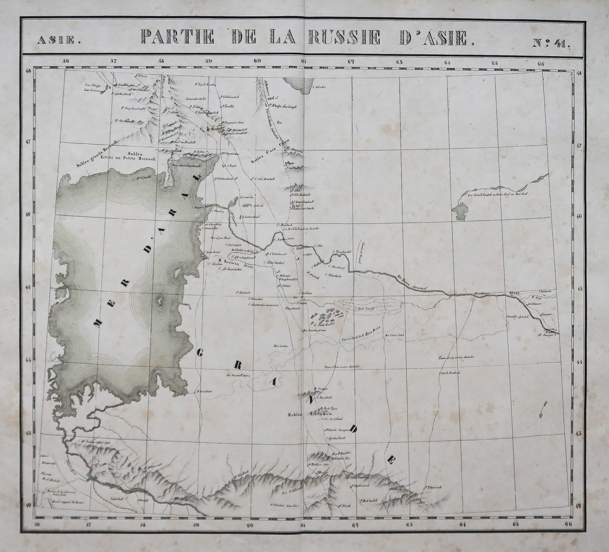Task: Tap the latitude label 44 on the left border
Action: coord(29,360)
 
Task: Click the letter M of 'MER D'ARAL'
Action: coord(97,324)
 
